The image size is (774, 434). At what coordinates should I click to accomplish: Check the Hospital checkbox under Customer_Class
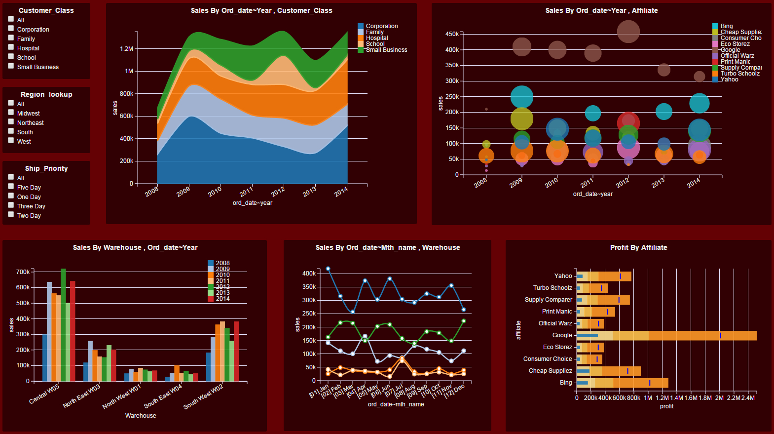click(x=11, y=47)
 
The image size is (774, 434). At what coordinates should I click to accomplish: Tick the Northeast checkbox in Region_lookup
click(x=11, y=122)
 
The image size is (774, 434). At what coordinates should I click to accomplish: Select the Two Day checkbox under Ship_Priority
click(x=11, y=215)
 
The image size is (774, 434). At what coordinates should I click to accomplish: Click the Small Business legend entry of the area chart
click(x=386, y=50)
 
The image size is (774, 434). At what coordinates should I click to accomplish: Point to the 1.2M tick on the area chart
click(x=127, y=49)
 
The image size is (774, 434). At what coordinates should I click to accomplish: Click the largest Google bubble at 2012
click(x=628, y=32)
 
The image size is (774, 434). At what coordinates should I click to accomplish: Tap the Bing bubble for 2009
click(x=522, y=97)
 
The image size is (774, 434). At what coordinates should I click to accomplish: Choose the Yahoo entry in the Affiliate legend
click(x=729, y=79)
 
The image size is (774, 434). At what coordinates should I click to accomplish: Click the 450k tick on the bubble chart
click(x=452, y=34)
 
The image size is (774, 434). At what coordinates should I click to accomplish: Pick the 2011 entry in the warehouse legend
click(x=222, y=281)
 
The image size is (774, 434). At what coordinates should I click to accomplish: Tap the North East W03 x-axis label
click(x=81, y=396)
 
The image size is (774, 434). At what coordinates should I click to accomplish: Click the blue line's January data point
click(x=328, y=269)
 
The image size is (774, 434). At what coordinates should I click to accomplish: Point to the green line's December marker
click(x=464, y=321)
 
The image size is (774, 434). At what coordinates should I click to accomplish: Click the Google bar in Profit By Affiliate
click(x=666, y=336)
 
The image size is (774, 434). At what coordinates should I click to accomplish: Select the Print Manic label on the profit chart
click(x=557, y=312)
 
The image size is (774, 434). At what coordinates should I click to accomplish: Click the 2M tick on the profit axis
click(x=719, y=397)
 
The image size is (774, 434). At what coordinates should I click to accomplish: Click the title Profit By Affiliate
click(x=638, y=247)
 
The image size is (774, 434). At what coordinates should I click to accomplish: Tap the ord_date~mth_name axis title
click(x=396, y=404)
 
